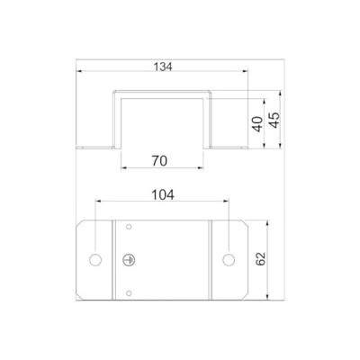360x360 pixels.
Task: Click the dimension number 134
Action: click(x=162, y=67)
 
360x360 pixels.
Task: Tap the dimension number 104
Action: click(x=162, y=194)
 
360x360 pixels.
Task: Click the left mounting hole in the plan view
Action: click(x=95, y=260)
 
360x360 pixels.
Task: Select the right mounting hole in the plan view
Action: click(x=229, y=260)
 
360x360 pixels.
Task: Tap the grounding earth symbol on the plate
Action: click(x=129, y=260)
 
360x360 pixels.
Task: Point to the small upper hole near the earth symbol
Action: click(x=129, y=226)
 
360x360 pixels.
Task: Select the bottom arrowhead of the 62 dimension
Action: click(x=271, y=301)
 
